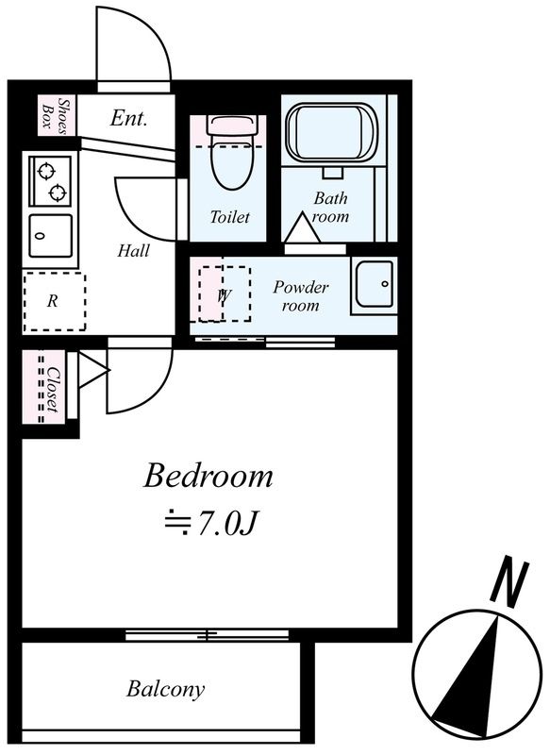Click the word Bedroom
click(208, 476)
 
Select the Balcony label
click(165, 689)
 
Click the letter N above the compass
click(510, 580)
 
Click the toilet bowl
click(232, 165)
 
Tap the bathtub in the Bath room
click(331, 134)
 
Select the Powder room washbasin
click(375, 286)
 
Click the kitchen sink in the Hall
click(50, 236)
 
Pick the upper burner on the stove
click(46, 171)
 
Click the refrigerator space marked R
click(54, 301)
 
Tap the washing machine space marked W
click(225, 294)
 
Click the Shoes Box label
click(57, 114)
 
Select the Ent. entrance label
click(128, 118)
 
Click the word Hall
click(133, 250)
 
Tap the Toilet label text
click(229, 217)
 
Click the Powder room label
click(301, 296)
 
